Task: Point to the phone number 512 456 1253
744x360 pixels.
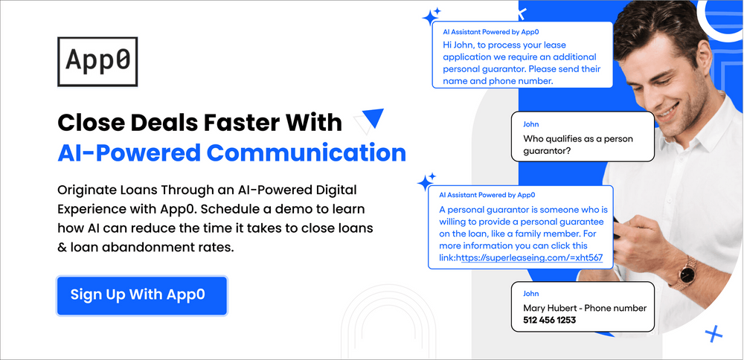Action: tap(544, 321)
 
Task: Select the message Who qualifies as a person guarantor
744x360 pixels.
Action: tap(581, 145)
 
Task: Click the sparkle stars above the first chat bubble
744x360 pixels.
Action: tap(432, 16)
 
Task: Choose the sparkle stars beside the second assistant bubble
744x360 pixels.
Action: tap(426, 181)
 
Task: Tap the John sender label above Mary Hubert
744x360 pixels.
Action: tap(531, 294)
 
